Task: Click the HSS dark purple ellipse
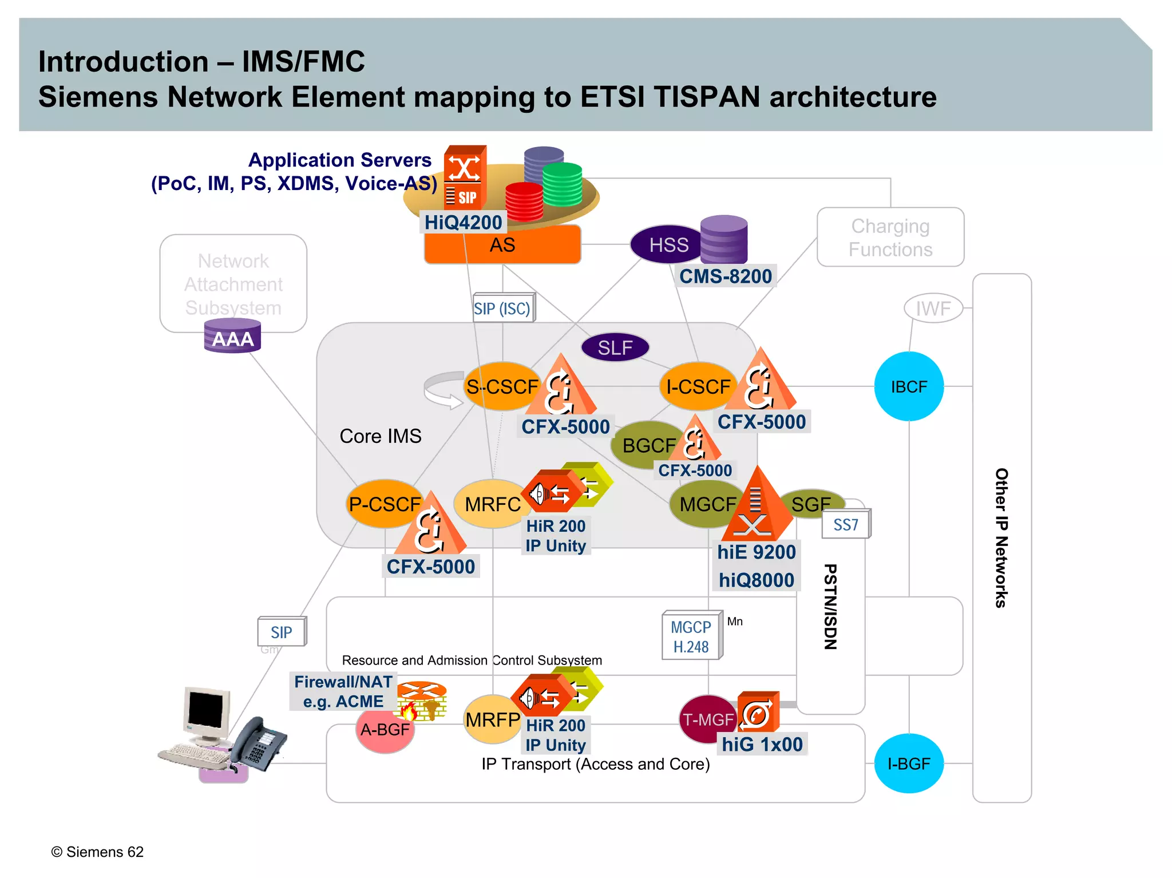667,245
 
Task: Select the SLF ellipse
615,347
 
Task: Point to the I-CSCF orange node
695,387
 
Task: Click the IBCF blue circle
909,387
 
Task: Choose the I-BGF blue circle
909,764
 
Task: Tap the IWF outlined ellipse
933,309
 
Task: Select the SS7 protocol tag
846,524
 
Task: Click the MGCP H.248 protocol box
691,636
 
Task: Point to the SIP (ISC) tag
502,309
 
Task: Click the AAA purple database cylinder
232,337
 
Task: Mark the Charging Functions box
890,238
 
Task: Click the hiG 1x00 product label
762,744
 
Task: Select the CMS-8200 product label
725,276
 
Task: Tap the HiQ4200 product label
463,222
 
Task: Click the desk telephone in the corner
258,744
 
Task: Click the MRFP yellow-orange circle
492,719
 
